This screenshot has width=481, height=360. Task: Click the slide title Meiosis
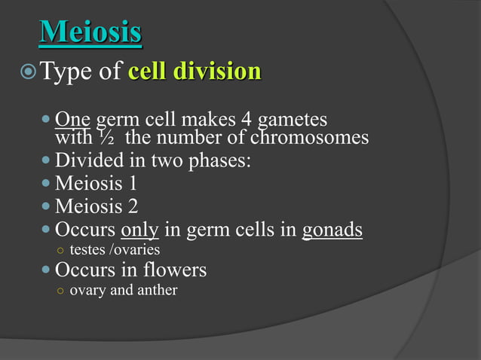[x=90, y=32]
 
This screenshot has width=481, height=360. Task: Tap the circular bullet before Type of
[x=27, y=73]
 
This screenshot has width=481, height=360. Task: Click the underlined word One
[x=72, y=120]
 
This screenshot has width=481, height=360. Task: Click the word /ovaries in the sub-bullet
[x=135, y=249]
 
